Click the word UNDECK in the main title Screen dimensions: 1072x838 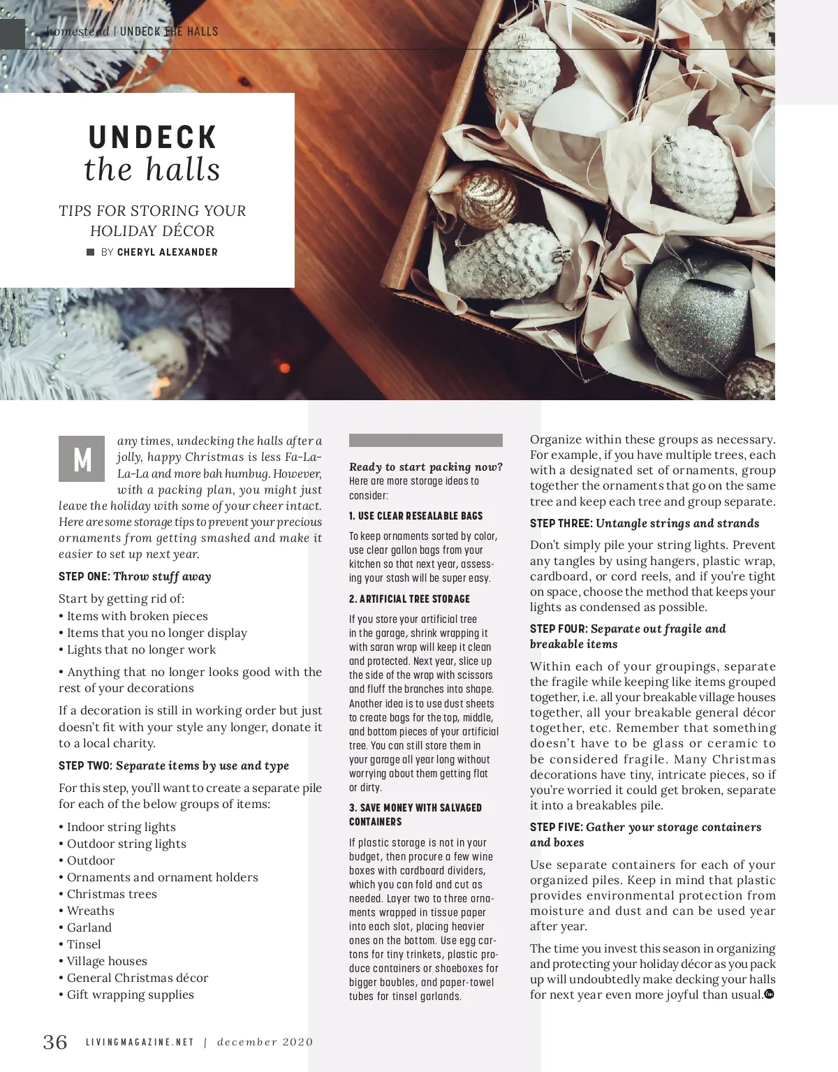(153, 138)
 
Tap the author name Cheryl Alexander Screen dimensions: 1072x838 (168, 252)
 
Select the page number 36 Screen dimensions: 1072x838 (55, 1042)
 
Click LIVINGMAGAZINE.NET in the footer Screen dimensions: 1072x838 (140, 1043)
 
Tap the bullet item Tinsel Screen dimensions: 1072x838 (84, 944)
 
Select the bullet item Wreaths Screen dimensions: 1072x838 (90, 911)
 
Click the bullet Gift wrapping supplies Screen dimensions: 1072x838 (130, 994)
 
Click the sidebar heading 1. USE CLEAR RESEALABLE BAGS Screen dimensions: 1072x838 (416, 516)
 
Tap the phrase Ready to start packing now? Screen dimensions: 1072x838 (425, 467)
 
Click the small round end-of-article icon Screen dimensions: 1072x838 (769, 994)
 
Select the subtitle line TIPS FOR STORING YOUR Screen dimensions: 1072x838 (152, 211)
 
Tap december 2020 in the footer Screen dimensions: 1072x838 (265, 1043)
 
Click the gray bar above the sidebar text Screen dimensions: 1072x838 (425, 440)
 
